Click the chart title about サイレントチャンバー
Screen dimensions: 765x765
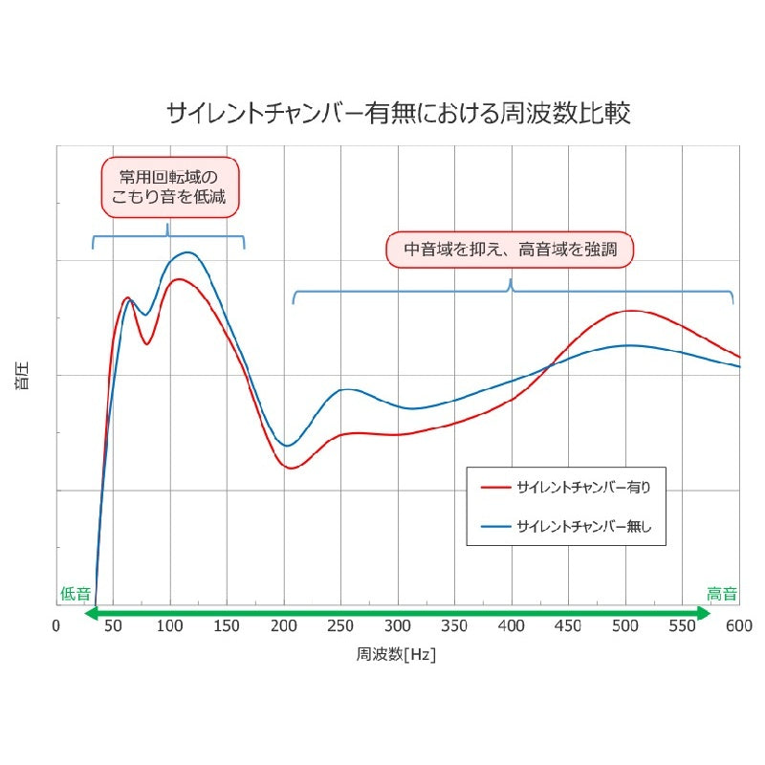click(399, 113)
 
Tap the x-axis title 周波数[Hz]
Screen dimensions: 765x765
click(396, 654)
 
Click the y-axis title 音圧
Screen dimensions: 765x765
click(22, 375)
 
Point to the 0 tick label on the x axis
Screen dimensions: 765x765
click(56, 625)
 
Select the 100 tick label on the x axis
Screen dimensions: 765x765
click(170, 625)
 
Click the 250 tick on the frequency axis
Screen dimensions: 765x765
click(340, 625)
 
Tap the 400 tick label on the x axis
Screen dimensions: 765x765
click(512, 625)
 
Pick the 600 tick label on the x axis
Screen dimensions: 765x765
click(739, 625)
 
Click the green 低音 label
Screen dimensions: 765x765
click(76, 594)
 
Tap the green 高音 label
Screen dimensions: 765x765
click(722, 594)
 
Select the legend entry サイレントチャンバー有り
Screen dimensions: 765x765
click(566, 487)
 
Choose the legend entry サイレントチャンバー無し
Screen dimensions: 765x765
click(566, 526)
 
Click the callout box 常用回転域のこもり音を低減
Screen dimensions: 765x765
click(170, 187)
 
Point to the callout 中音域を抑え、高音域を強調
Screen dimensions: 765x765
click(510, 250)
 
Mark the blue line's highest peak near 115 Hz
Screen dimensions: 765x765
click(187, 252)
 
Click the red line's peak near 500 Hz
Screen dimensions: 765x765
click(631, 311)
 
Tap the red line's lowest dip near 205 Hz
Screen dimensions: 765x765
click(291, 469)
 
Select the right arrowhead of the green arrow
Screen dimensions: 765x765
click(704, 613)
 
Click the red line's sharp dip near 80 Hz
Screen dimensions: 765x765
click(146, 344)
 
